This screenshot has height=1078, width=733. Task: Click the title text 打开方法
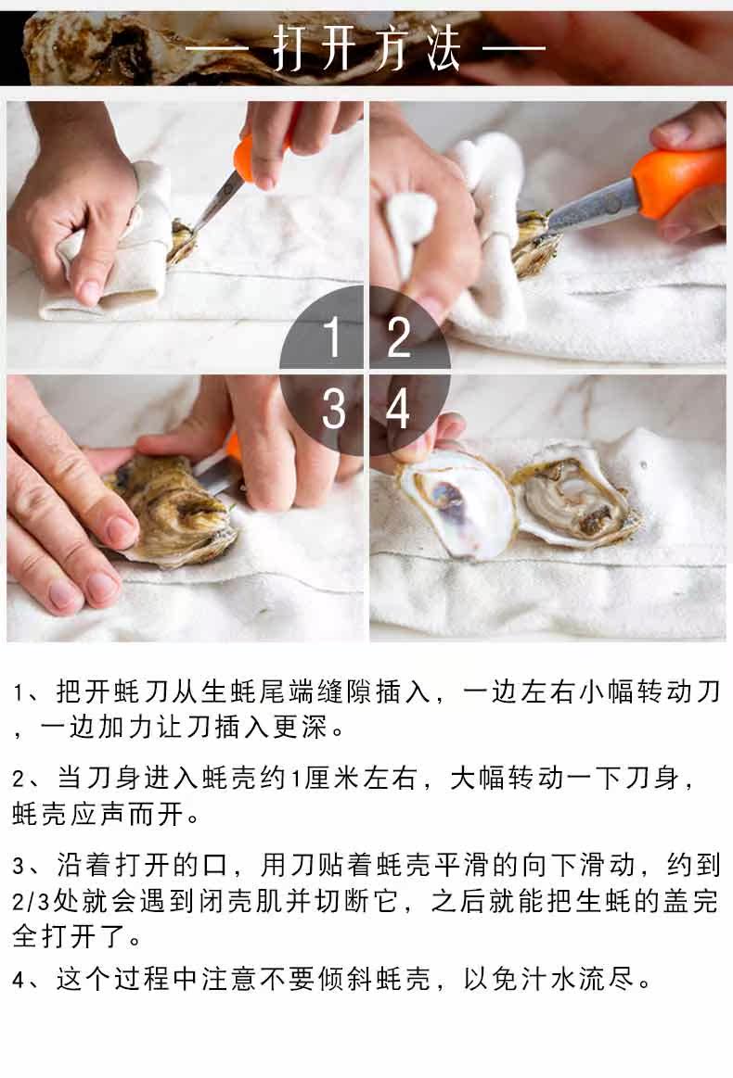point(366,48)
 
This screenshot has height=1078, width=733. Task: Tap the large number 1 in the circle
point(333,336)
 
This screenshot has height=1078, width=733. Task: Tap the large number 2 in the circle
point(399,336)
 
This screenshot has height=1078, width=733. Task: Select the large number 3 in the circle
point(334,409)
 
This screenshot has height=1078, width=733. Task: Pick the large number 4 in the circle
point(398,409)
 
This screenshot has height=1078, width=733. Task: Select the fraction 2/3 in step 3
point(31,901)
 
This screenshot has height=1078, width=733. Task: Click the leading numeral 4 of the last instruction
point(19,980)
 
